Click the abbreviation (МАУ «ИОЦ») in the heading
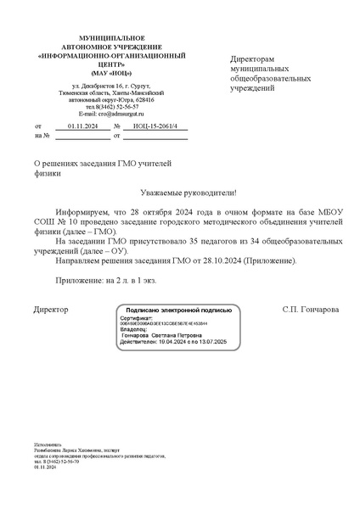click(99, 73)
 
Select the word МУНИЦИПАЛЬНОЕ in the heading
click(99, 40)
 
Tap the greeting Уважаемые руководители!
click(180, 193)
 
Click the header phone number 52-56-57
click(125, 106)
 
